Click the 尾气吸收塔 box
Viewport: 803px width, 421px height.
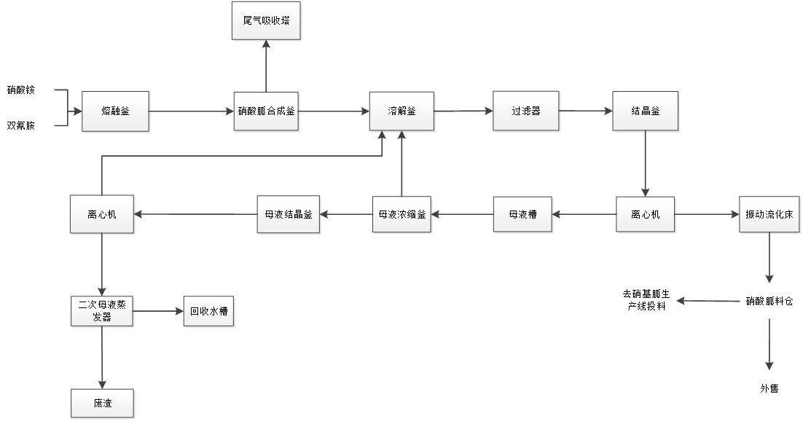[x=266, y=21]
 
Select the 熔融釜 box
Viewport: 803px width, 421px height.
[x=115, y=111]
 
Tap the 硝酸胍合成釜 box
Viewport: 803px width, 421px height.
[x=266, y=111]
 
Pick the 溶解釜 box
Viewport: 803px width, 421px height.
[x=401, y=111]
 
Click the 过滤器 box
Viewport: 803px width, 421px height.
[x=525, y=111]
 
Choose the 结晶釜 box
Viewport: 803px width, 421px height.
[x=646, y=111]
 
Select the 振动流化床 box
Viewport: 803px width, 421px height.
[x=769, y=214]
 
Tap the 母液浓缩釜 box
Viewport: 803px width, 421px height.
[x=401, y=214]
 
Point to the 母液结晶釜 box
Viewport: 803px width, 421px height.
[x=288, y=214]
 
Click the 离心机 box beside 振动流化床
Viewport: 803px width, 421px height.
[x=644, y=214]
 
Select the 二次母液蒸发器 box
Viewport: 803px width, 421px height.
[x=102, y=311]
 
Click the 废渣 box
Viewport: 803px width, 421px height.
[x=103, y=403]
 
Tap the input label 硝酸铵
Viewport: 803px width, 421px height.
[x=20, y=90]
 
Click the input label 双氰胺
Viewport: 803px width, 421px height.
[x=20, y=126]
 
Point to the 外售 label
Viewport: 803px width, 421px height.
[x=769, y=389]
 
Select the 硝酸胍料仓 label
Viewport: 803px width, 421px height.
[x=769, y=301]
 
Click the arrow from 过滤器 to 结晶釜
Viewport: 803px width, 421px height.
[x=585, y=111]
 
